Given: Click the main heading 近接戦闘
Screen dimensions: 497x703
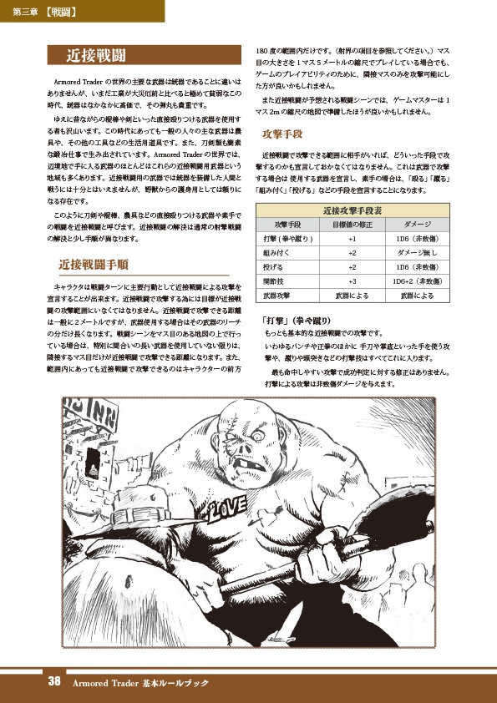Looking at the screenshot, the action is (96, 56).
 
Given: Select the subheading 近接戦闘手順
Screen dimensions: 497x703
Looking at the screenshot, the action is (93, 265).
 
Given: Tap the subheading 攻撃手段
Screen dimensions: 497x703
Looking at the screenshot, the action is (281, 134).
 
